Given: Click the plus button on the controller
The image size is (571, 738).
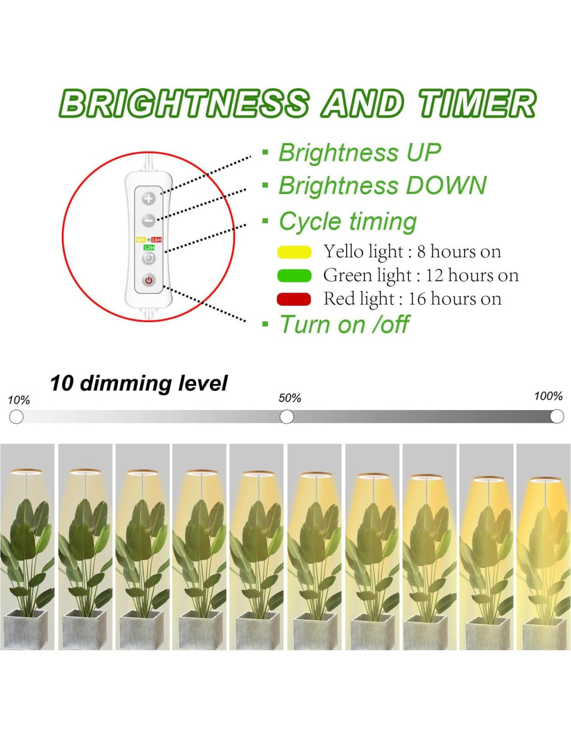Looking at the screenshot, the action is click(x=148, y=199).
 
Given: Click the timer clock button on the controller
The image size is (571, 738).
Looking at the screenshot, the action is click(x=148, y=258).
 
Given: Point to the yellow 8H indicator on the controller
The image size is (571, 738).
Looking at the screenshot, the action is click(x=141, y=240).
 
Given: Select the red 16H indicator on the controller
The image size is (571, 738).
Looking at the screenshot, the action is click(x=156, y=240).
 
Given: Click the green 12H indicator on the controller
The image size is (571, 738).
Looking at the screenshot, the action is click(x=149, y=248).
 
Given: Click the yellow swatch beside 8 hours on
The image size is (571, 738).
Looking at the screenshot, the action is click(x=294, y=252).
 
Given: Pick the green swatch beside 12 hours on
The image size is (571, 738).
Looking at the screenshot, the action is click(x=294, y=276).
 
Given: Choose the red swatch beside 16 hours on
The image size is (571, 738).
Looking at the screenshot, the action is click(x=294, y=299).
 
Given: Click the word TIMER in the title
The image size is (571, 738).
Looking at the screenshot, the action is click(x=476, y=103).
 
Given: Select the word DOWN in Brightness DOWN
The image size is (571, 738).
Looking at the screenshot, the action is click(x=446, y=185).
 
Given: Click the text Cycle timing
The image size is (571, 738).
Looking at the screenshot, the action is click(x=347, y=222).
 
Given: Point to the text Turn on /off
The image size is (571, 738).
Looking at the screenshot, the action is click(x=344, y=324).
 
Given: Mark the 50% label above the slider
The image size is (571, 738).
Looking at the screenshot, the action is click(x=290, y=398).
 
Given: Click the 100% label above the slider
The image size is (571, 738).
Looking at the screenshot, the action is click(x=548, y=396).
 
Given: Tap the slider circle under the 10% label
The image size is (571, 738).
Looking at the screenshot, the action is click(x=16, y=417).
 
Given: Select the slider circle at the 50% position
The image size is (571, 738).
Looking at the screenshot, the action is click(x=287, y=417).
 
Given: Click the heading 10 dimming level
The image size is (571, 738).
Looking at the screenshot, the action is click(x=139, y=384).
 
